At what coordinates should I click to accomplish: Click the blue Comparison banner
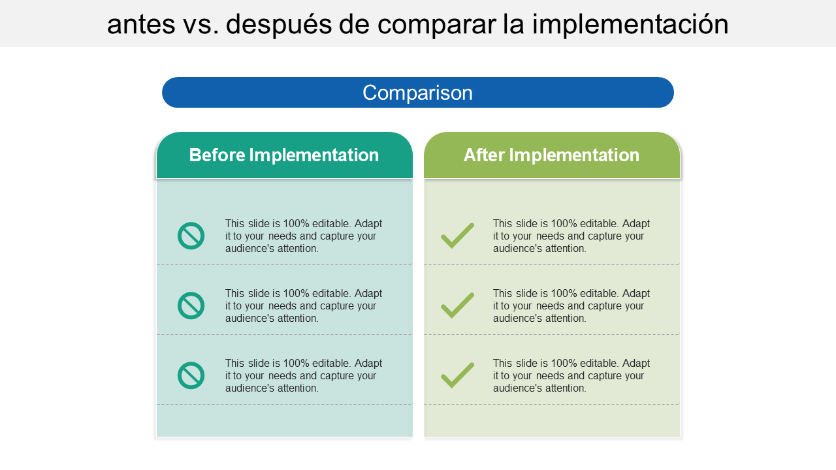coord(418,93)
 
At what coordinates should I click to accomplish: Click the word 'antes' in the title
coord(141,25)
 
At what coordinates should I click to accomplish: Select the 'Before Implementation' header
coord(284,155)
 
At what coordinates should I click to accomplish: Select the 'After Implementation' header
coord(551,155)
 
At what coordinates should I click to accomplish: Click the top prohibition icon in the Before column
coord(191,236)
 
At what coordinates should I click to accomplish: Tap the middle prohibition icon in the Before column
coord(191,305)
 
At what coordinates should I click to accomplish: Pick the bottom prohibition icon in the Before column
coord(191,375)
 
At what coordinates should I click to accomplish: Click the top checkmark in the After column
coord(457,236)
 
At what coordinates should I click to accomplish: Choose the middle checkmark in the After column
coord(457,305)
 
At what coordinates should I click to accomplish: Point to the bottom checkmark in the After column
coord(457,375)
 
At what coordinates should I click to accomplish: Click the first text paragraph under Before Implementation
coord(304,236)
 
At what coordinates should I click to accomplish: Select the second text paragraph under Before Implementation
coord(304,305)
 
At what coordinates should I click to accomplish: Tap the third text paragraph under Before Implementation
coord(304,375)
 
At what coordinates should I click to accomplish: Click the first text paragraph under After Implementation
coord(571,236)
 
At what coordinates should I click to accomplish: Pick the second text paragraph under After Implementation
coord(571,305)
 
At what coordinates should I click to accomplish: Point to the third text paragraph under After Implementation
coord(571,375)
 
